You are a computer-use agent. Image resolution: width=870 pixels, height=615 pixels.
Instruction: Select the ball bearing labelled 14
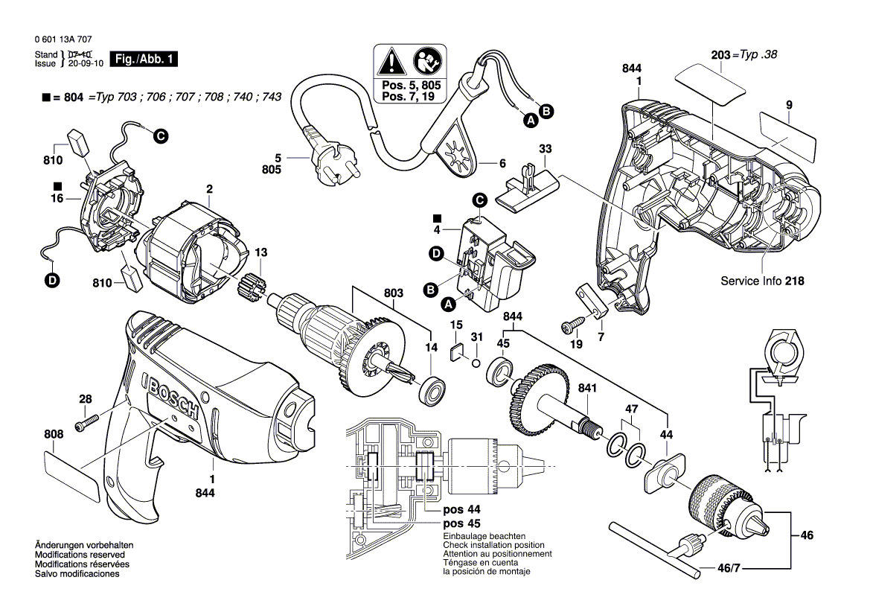[x=432, y=390]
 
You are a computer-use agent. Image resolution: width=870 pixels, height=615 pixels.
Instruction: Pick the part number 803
[x=395, y=293]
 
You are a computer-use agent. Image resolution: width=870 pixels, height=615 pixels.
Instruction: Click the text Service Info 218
[x=762, y=281]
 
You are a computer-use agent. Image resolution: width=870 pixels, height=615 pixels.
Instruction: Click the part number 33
[x=545, y=148]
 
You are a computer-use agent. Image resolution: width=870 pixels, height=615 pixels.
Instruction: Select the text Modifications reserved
[x=80, y=555]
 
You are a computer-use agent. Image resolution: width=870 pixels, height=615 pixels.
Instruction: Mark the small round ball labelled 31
[x=473, y=363]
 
